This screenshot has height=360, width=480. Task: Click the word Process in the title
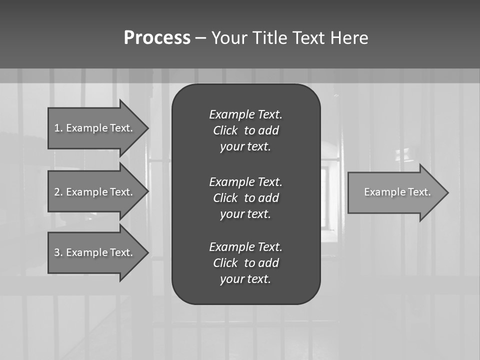click(x=157, y=38)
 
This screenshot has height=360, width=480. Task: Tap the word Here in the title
click(x=349, y=38)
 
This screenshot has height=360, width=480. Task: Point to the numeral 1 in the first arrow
click(x=57, y=128)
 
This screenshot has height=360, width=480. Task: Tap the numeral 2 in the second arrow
click(x=57, y=192)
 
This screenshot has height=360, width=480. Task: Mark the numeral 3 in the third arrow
click(x=57, y=252)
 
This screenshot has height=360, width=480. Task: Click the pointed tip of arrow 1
click(x=147, y=128)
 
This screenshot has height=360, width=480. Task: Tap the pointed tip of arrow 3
click(x=147, y=252)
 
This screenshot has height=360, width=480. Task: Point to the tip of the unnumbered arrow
click(x=447, y=192)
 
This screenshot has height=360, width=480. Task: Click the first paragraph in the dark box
click(x=245, y=130)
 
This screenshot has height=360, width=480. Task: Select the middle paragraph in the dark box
click(x=245, y=197)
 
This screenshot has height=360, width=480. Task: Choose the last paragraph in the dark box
click(x=245, y=263)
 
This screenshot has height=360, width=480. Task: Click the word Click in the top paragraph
click(x=225, y=130)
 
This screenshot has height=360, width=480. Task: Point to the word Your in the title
click(x=228, y=38)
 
